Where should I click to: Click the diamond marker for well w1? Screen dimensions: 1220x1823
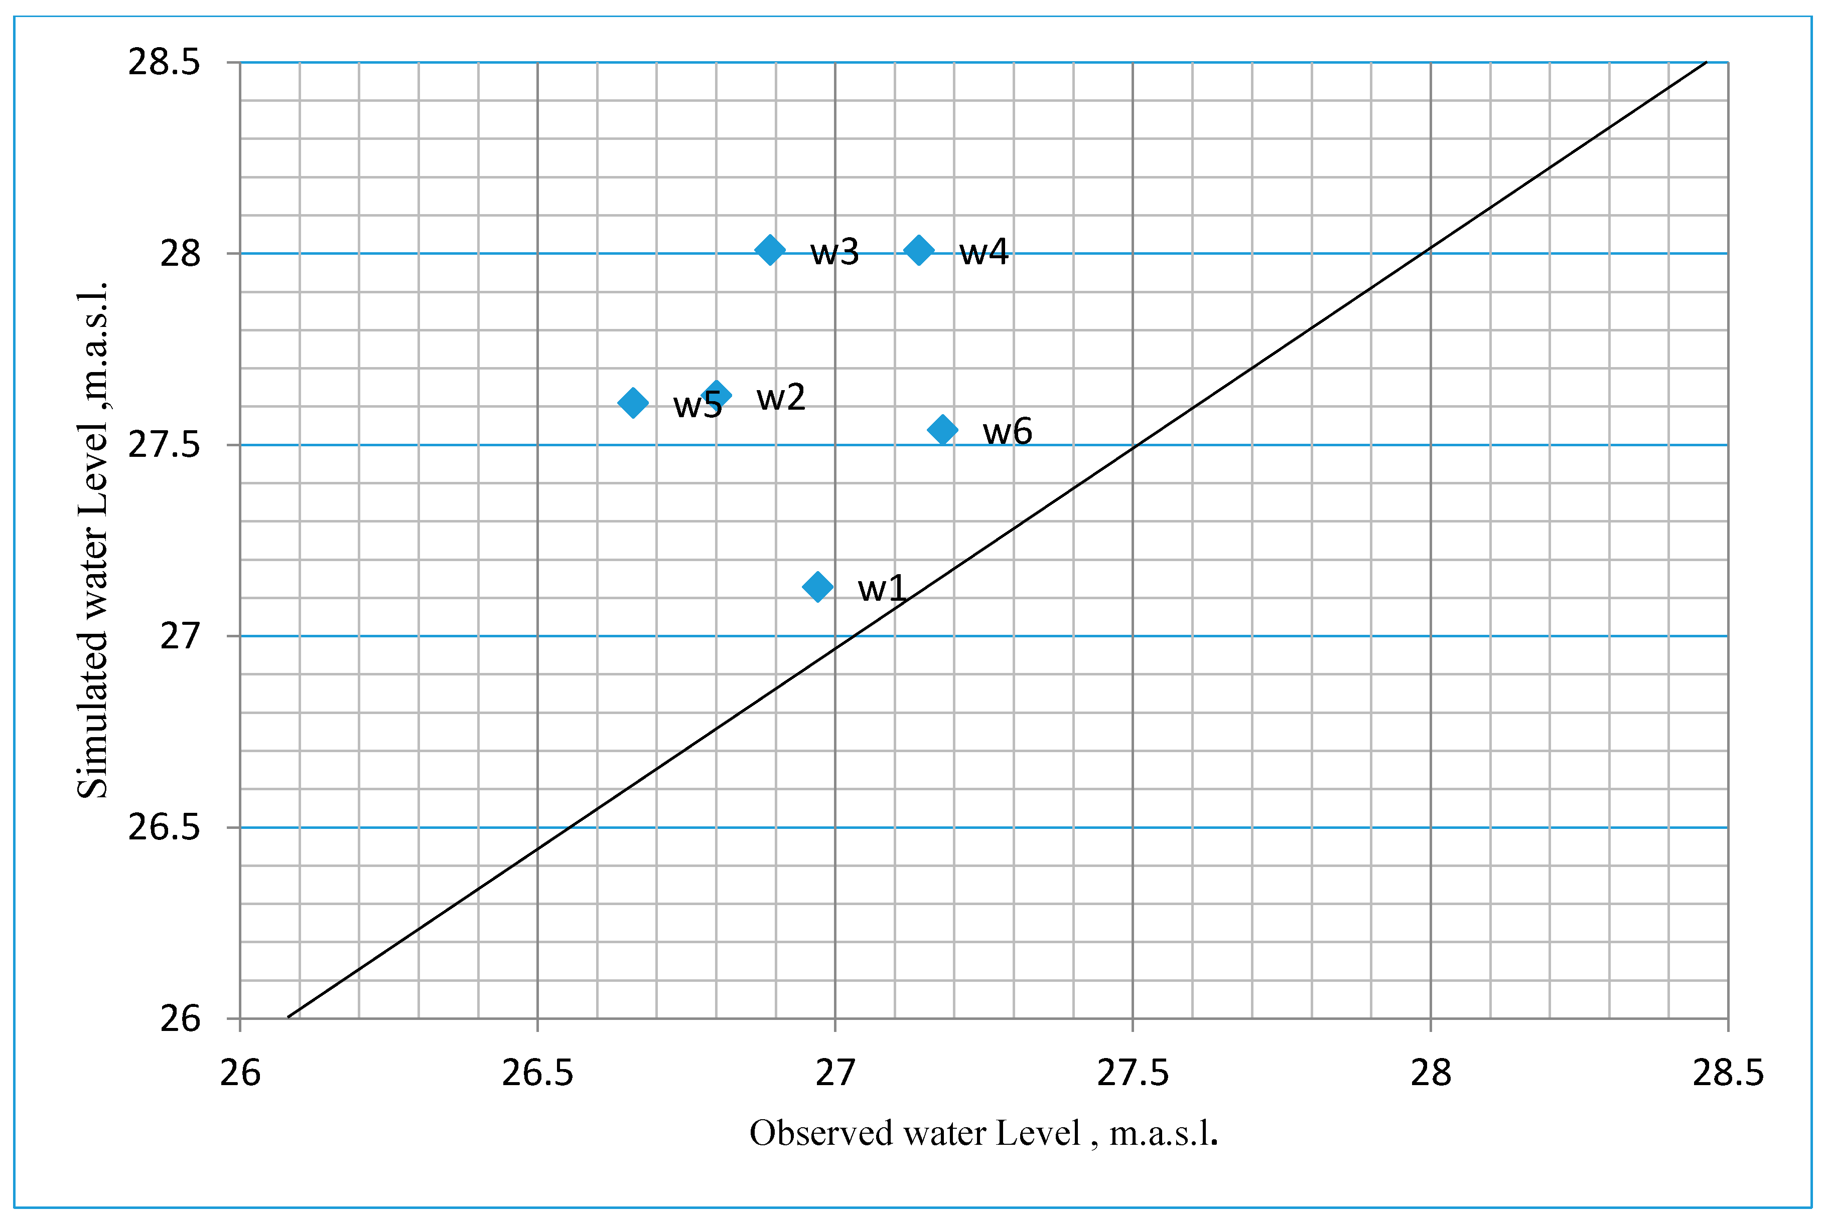pyautogui.click(x=817, y=587)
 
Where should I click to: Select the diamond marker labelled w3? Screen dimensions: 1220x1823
pyautogui.click(x=770, y=250)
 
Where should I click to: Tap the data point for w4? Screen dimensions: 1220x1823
pyautogui.click(x=918, y=250)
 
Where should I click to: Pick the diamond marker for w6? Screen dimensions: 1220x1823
pyautogui.click(x=943, y=430)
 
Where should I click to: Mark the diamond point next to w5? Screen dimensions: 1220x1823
pyautogui.click(x=633, y=403)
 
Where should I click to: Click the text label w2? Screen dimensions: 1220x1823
pyautogui.click(x=781, y=398)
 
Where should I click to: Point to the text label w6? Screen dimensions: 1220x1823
pyautogui.click(x=1007, y=431)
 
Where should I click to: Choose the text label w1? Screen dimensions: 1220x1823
pyautogui.click(x=882, y=588)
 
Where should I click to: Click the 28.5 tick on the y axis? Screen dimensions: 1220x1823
pyautogui.click(x=164, y=62)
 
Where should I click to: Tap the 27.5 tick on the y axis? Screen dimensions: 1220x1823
pyautogui.click(x=164, y=445)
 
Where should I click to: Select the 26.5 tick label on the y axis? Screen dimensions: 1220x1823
pyautogui.click(x=164, y=827)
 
